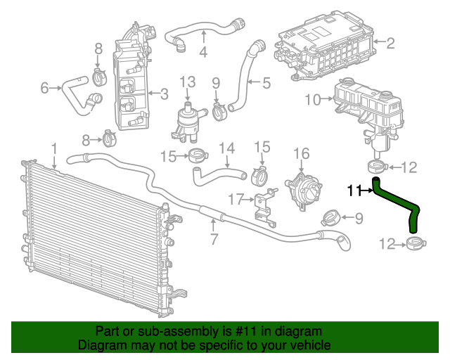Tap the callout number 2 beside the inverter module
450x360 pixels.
tap(390, 43)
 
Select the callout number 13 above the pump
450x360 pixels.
tap(188, 82)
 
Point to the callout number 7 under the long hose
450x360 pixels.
tap(214, 239)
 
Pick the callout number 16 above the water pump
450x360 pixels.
tap(302, 154)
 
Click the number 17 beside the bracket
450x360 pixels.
tap(236, 199)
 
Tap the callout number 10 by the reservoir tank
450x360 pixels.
tap(312, 100)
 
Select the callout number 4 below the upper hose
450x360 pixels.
tap(203, 52)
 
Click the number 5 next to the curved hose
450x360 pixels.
tap(266, 83)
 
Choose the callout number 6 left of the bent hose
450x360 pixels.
tap(44, 88)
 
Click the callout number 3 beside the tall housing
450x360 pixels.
tap(164, 94)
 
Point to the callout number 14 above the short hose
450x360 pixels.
tap(226, 148)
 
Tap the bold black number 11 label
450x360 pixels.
tap(354, 191)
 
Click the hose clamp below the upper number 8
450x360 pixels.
tap(100, 77)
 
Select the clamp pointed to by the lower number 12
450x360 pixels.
tap(416, 243)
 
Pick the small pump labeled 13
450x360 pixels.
tap(188, 122)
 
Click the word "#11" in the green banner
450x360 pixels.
tap(246, 331)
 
